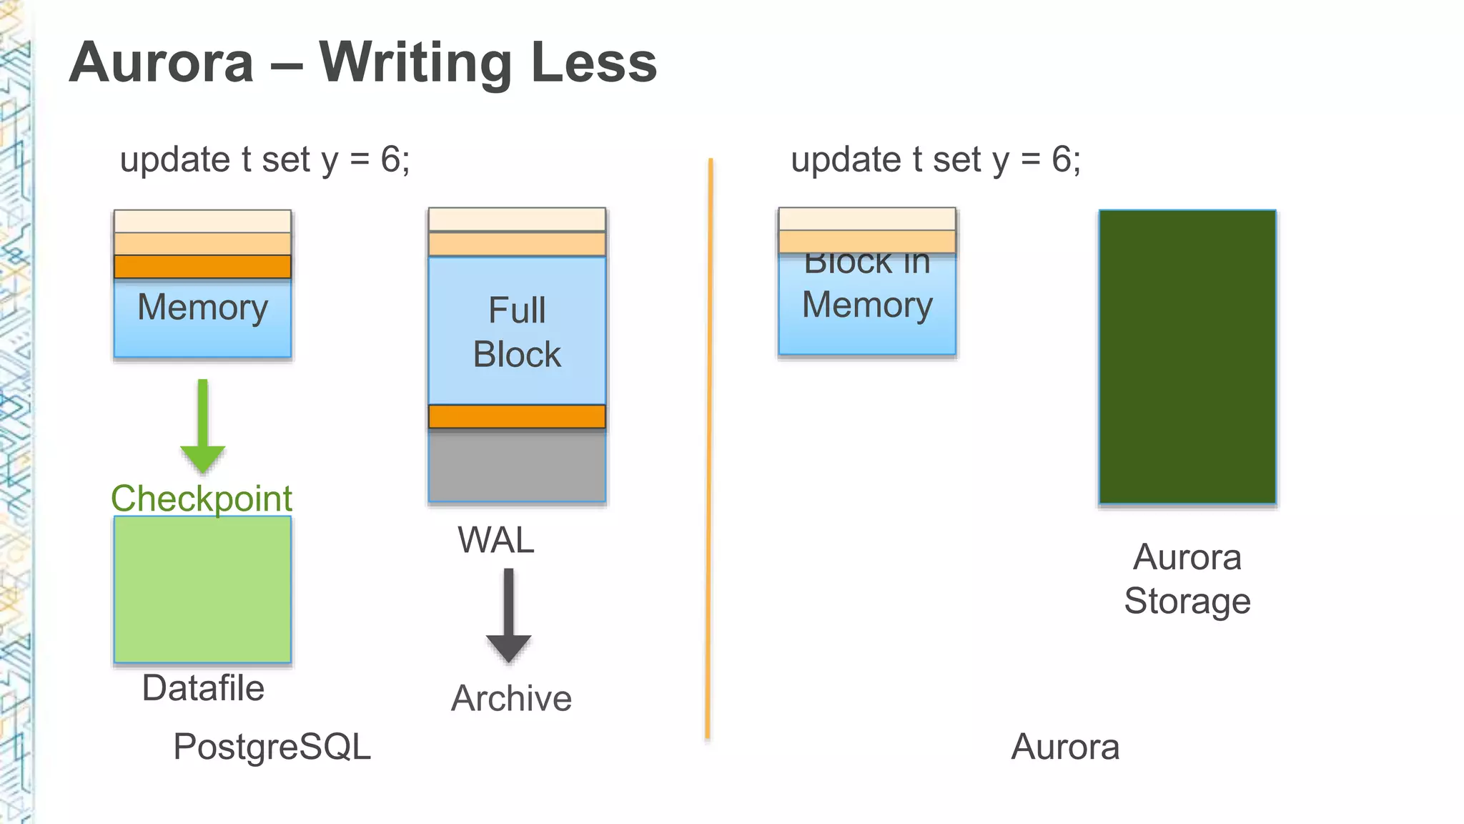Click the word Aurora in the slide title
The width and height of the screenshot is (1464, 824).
(x=162, y=63)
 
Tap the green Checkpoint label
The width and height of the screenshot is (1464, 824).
(x=202, y=499)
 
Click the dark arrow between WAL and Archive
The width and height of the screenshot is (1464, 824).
(x=508, y=615)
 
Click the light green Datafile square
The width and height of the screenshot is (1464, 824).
(x=202, y=589)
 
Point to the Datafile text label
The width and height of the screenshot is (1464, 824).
(x=203, y=688)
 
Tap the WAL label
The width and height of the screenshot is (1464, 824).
(x=495, y=540)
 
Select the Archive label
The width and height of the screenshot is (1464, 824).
(x=511, y=698)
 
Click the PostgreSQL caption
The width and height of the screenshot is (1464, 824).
(x=272, y=747)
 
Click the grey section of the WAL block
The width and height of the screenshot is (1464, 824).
(x=516, y=465)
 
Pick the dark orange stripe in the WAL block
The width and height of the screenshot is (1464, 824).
(x=516, y=416)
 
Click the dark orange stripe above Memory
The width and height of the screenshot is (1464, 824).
(x=202, y=267)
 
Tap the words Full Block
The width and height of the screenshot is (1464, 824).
(x=516, y=332)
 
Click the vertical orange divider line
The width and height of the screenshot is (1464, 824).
(x=709, y=451)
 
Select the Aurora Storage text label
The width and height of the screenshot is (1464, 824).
(x=1187, y=579)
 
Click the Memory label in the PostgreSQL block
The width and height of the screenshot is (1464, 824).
(x=202, y=308)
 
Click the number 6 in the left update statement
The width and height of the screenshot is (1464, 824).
(x=390, y=159)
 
